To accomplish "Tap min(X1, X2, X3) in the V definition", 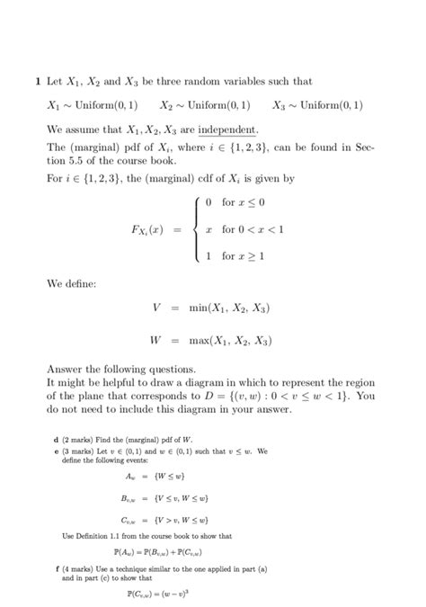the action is [229, 308].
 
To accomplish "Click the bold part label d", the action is [57, 438].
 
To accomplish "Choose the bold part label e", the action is [57, 450].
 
